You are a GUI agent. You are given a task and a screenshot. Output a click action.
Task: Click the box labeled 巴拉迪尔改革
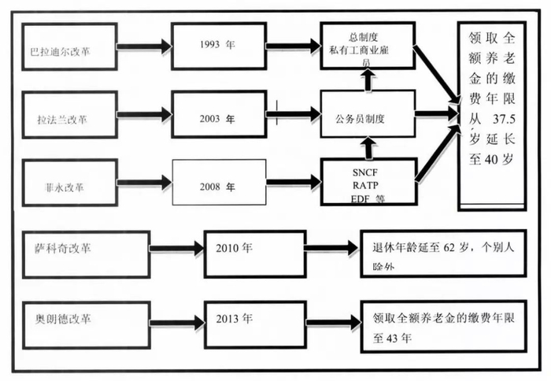tap(69, 46)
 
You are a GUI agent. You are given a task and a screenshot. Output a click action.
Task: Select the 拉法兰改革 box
tap(69, 115)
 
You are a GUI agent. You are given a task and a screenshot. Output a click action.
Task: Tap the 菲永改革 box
tap(69, 183)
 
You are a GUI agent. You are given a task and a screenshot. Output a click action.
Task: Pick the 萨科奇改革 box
tap(87, 254)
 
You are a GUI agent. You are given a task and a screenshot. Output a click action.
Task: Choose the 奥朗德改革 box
tap(87, 325)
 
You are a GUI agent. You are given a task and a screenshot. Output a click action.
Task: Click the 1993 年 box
tap(219, 46)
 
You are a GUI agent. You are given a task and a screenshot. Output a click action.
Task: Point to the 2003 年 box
tap(219, 114)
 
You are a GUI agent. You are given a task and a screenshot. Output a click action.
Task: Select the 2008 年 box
tap(219, 182)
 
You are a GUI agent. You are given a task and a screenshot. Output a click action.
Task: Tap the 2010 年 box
tap(255, 254)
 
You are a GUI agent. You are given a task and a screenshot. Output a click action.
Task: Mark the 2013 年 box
tap(255, 325)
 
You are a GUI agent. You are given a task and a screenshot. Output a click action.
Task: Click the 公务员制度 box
tap(368, 114)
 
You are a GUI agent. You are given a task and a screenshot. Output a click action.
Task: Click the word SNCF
tap(365, 172)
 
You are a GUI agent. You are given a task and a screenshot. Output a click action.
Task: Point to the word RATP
tap(365, 185)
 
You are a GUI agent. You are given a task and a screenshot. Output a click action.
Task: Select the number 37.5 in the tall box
tap(504, 120)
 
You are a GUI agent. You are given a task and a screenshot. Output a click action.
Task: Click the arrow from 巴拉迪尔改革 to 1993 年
tap(144, 46)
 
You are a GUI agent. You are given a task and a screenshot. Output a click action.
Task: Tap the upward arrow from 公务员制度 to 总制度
tap(368, 80)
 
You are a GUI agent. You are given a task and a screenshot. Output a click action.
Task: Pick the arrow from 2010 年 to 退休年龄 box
tap(332, 248)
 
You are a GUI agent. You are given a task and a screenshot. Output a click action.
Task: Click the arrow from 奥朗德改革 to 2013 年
tap(177, 323)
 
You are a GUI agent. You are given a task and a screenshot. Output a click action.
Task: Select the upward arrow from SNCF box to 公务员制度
tap(368, 148)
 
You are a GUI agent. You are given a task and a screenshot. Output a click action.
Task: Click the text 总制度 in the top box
tap(363, 37)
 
